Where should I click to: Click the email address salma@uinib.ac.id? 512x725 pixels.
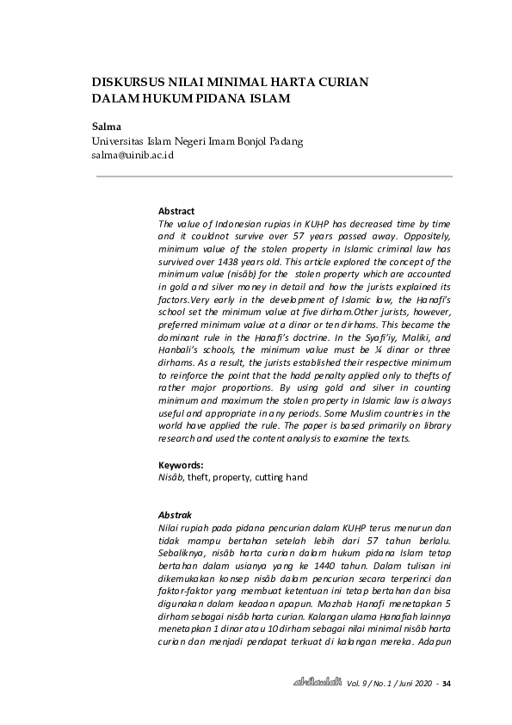coord(133,155)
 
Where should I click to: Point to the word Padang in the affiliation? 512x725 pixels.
coord(281,141)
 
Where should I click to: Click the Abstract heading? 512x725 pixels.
coord(176,211)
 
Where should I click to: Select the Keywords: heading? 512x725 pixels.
coord(181,465)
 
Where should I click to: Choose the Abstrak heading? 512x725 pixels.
coord(176,515)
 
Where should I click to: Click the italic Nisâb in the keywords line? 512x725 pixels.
coord(170,477)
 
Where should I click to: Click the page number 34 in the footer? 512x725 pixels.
coord(447,683)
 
